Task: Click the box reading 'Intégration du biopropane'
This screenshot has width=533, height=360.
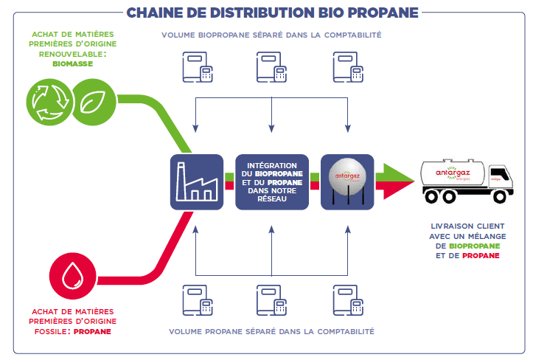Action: [272, 181]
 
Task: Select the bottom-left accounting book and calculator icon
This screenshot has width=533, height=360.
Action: [198, 299]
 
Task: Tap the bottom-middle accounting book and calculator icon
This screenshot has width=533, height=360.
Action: [272, 299]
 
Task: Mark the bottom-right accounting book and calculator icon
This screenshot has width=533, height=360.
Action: [347, 299]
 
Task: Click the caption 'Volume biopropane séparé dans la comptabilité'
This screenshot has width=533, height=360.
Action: [272, 35]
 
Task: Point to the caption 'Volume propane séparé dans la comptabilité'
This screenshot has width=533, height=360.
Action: [272, 332]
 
